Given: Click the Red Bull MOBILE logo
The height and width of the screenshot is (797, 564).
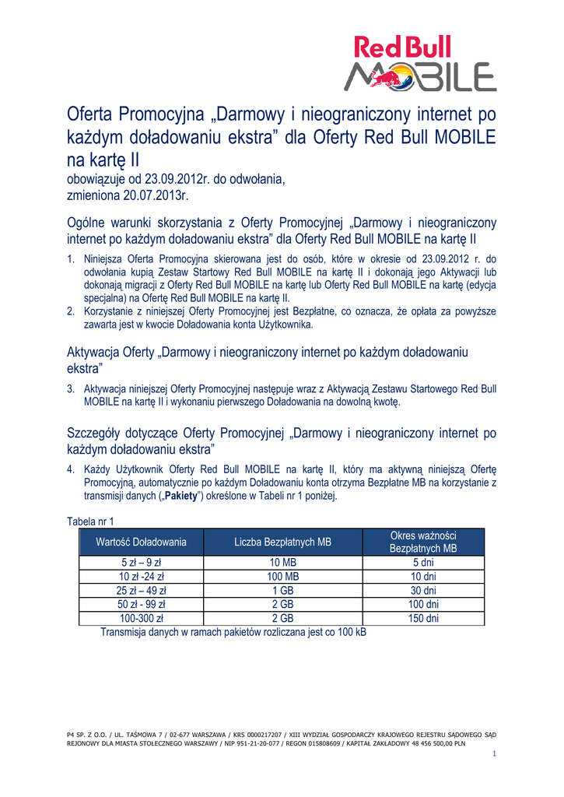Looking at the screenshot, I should point(420,65).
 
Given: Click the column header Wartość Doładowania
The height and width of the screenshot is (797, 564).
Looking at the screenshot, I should point(141,542).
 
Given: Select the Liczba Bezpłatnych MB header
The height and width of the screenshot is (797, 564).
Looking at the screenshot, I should point(283,542).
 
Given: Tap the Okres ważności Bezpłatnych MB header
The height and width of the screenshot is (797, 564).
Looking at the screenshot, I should point(423,542).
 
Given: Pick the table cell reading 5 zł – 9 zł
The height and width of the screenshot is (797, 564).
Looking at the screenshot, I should point(141,563).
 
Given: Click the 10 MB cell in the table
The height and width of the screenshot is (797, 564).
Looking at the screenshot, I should point(283,563).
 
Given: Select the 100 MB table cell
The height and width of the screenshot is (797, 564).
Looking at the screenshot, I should point(283,577).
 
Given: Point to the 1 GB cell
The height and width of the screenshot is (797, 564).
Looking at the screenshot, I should point(283,591).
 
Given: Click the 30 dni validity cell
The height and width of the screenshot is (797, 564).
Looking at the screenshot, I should point(423,591).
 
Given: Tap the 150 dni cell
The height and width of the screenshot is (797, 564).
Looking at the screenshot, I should point(423,619).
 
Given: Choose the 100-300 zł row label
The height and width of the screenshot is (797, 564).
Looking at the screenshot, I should point(141,619).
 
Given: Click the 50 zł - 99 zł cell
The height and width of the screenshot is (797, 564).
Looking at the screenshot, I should point(141,605).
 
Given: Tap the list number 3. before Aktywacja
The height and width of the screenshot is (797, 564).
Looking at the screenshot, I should point(71,388).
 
